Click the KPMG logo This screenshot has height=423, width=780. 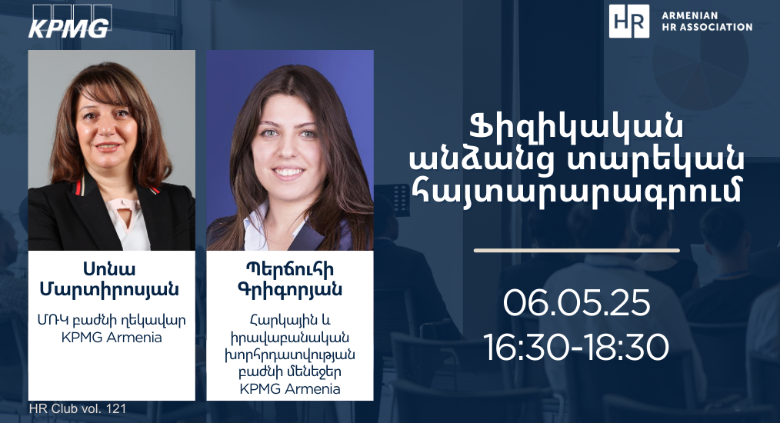[69, 22]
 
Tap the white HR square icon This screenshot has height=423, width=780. [628, 22]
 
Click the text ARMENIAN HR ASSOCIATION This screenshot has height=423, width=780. [706, 22]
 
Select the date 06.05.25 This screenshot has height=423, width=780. [577, 302]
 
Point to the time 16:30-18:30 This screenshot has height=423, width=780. [577, 347]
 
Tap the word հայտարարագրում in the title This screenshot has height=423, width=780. [577, 192]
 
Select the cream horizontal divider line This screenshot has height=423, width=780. [577, 250]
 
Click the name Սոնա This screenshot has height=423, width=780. [109, 269]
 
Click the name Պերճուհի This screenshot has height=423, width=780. [289, 269]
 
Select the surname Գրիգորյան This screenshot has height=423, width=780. [289, 290]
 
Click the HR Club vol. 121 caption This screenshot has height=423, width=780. [78, 408]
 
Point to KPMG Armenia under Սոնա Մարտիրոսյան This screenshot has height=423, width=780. [112, 338]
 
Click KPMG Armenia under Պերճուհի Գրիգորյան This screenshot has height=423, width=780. [290, 388]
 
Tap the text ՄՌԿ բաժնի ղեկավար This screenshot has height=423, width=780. [112, 320]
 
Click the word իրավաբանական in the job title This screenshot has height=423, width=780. [290, 338]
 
